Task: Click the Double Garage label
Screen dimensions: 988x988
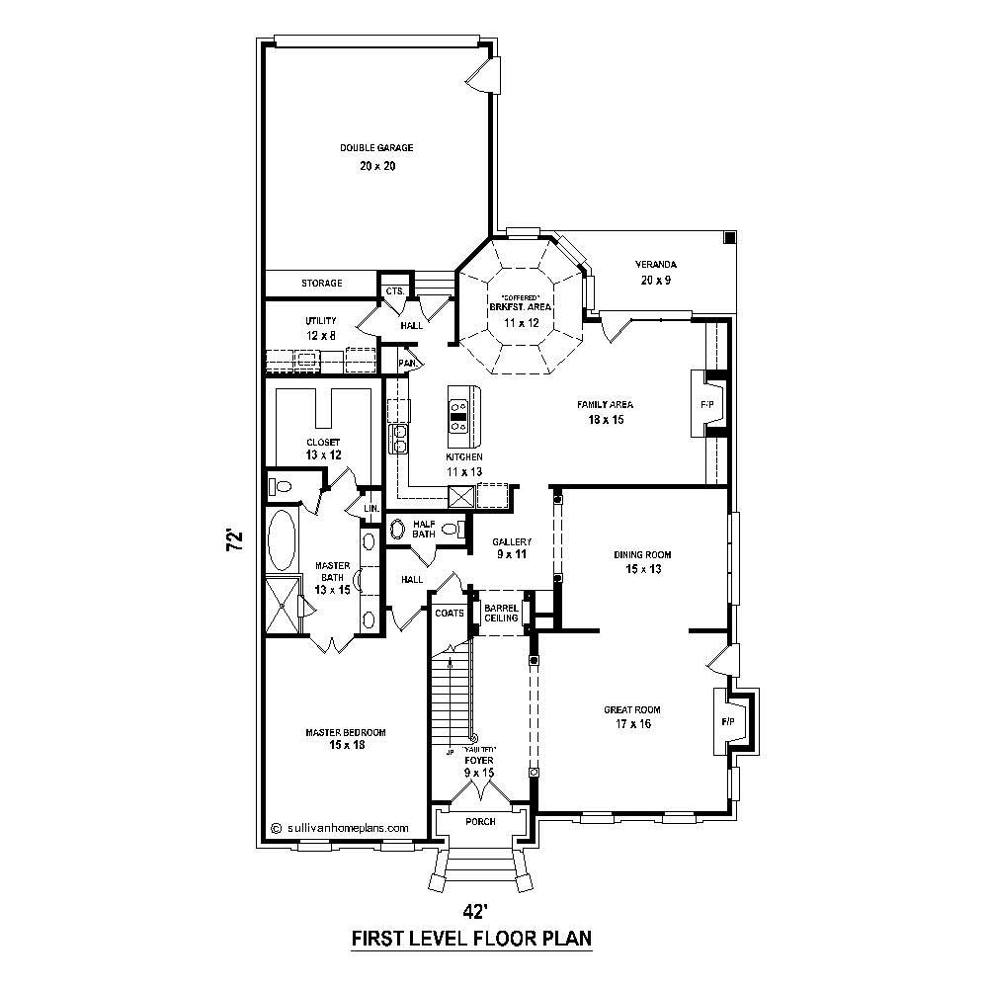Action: point(376,148)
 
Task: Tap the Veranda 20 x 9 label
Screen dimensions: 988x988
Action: point(656,272)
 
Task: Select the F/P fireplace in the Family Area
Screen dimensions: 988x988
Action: point(707,405)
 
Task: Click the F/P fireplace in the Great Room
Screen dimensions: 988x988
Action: point(729,722)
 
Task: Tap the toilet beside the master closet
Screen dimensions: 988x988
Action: point(284,486)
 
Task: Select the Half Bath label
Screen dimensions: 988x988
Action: point(424,529)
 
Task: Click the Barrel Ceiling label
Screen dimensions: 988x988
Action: point(503,612)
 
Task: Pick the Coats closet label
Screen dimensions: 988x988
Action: point(450,613)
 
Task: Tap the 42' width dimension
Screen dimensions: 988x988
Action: point(475,910)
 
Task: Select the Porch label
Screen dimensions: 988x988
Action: point(480,821)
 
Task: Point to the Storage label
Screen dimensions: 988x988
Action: point(322,284)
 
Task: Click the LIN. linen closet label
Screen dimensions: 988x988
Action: point(370,509)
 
